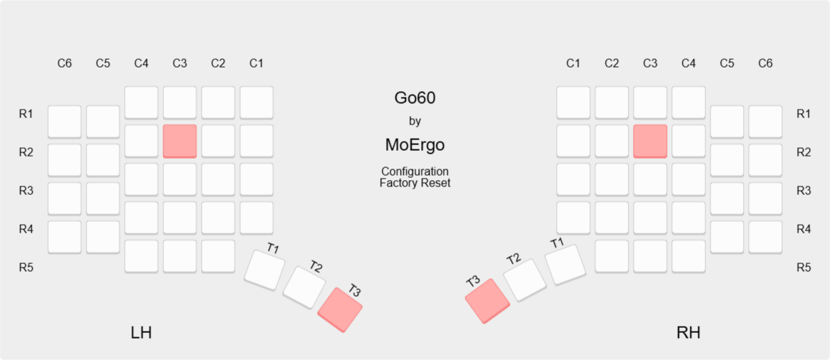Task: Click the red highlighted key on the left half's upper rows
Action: (x=179, y=141)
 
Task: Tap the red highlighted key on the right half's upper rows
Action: (x=650, y=141)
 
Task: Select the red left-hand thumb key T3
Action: (x=340, y=309)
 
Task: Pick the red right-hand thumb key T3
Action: (x=487, y=301)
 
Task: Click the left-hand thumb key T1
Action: (x=265, y=270)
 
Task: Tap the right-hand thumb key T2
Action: (x=524, y=280)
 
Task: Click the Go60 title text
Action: (x=415, y=98)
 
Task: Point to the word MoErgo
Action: (x=415, y=145)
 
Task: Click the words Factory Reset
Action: (x=415, y=183)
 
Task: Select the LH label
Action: (x=142, y=333)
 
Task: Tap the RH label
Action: (x=688, y=333)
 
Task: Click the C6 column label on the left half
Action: (x=65, y=63)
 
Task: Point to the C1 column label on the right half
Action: (x=573, y=63)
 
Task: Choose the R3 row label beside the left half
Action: (x=26, y=191)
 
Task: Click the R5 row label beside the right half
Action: (x=804, y=268)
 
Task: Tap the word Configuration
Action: (x=415, y=172)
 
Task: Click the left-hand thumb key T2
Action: (x=304, y=287)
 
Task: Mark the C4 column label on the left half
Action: (x=142, y=63)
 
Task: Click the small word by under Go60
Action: (x=415, y=121)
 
